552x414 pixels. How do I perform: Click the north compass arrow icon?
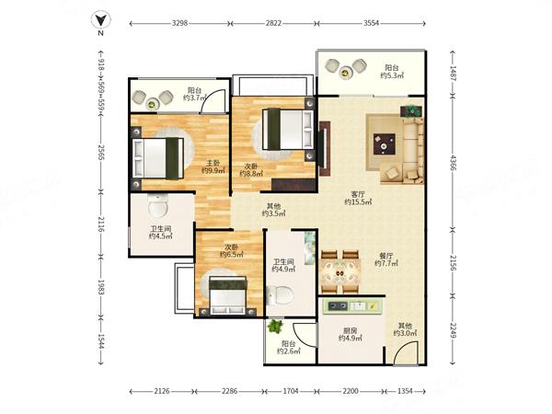click(x=100, y=20)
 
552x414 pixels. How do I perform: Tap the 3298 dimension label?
click(x=179, y=24)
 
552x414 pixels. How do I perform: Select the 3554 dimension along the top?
click(x=371, y=24)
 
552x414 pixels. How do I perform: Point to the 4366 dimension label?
click(x=453, y=162)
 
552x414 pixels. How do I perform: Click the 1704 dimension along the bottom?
click(x=291, y=391)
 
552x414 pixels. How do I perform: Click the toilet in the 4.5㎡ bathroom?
click(x=158, y=205)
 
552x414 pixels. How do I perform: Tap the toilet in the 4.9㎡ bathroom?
click(x=280, y=295)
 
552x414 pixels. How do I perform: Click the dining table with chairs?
click(x=340, y=271)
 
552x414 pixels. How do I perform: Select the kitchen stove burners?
click(x=338, y=306)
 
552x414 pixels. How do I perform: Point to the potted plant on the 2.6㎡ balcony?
click(x=275, y=327)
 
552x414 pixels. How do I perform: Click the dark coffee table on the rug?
click(x=384, y=144)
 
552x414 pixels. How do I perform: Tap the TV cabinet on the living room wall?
click(x=324, y=148)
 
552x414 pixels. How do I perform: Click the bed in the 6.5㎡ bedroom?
click(x=228, y=295)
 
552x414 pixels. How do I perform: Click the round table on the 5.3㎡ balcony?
click(x=345, y=74)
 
